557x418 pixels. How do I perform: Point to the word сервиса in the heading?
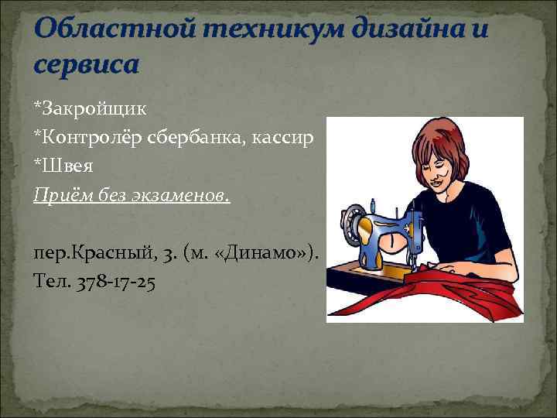[x=86, y=64]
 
